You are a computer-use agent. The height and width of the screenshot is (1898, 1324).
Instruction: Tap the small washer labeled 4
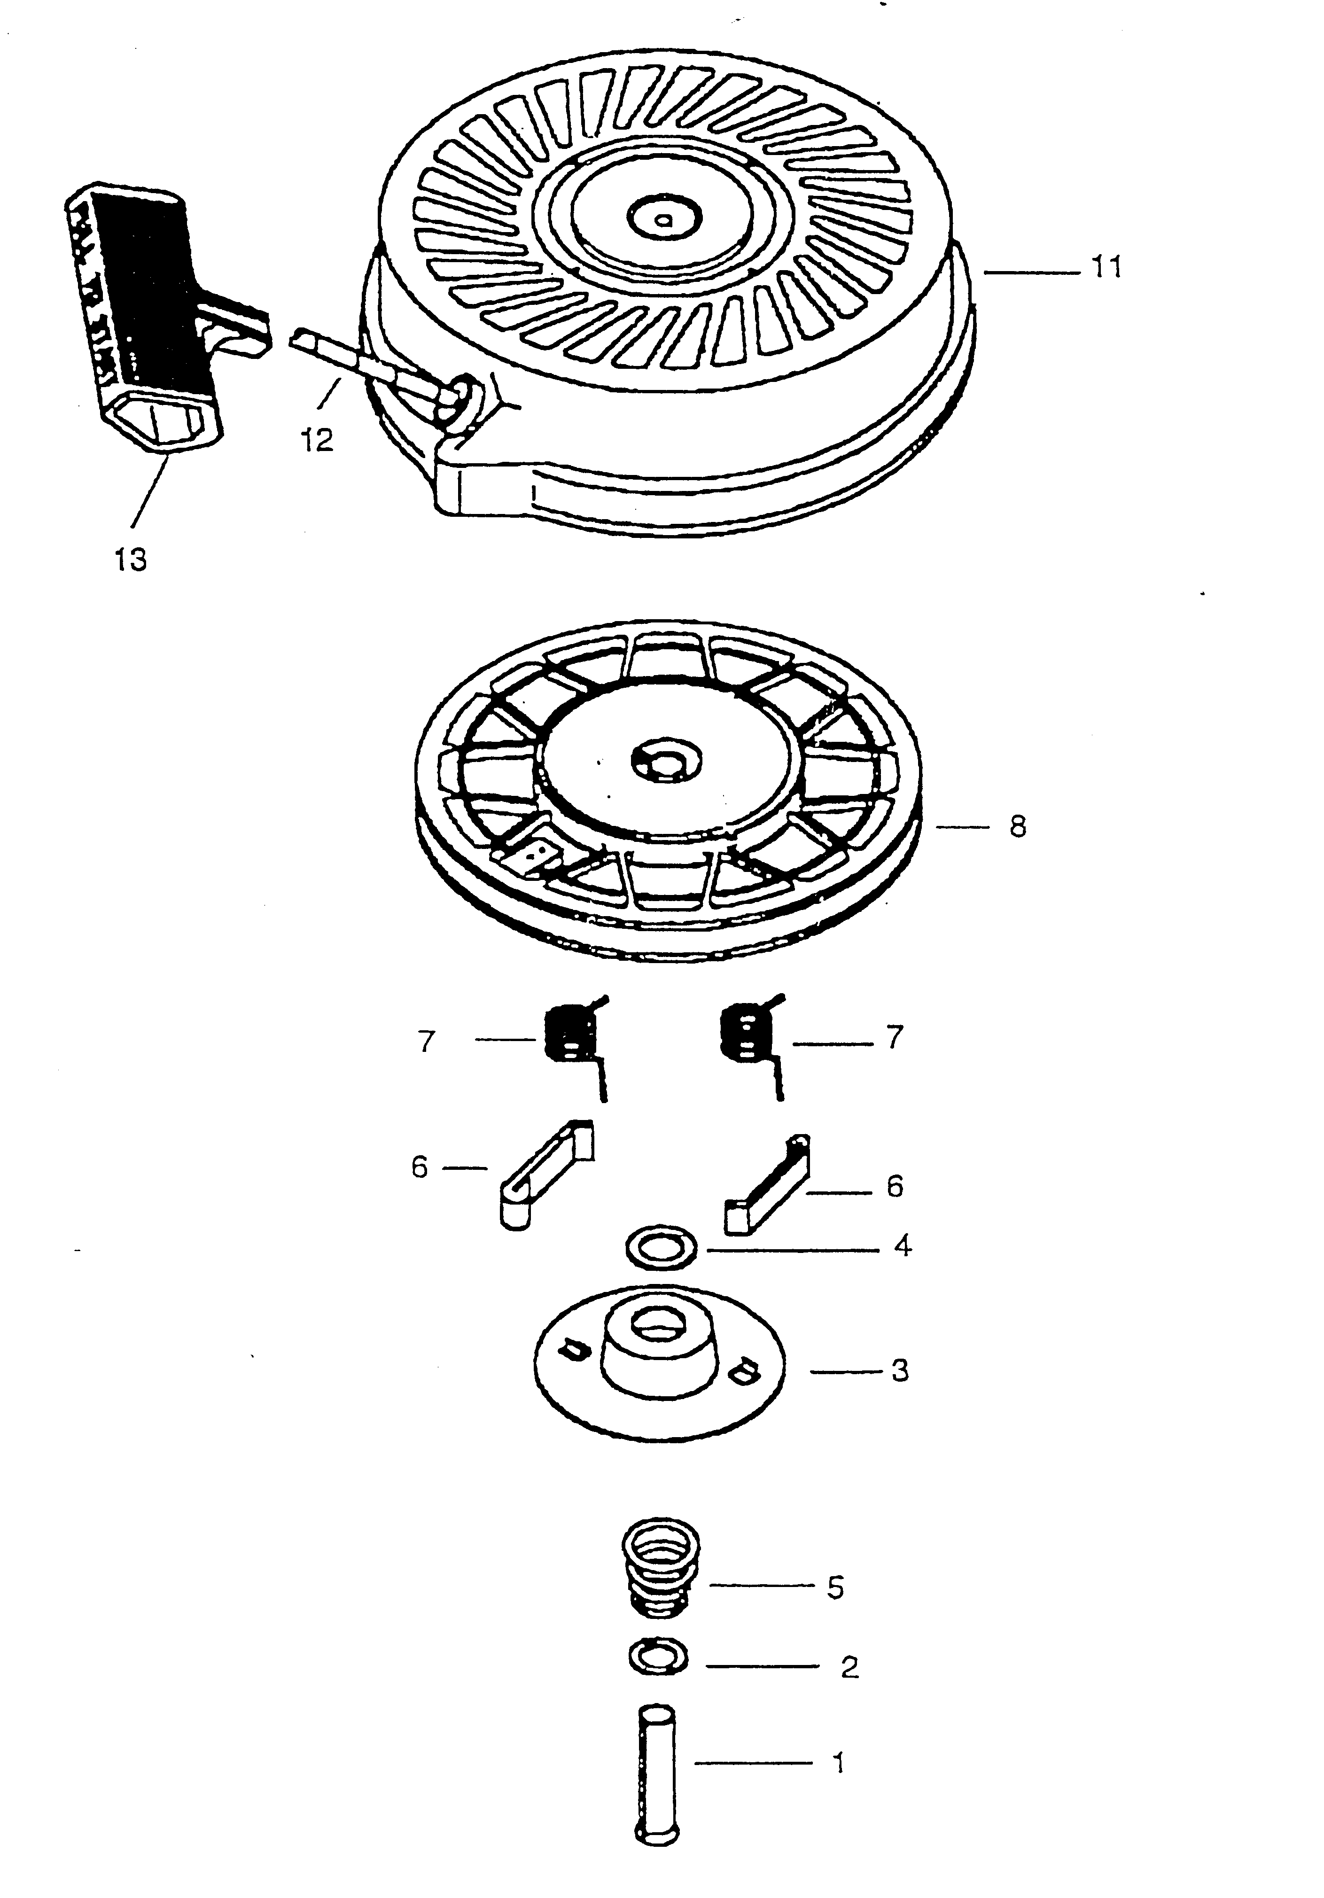(x=662, y=1246)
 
